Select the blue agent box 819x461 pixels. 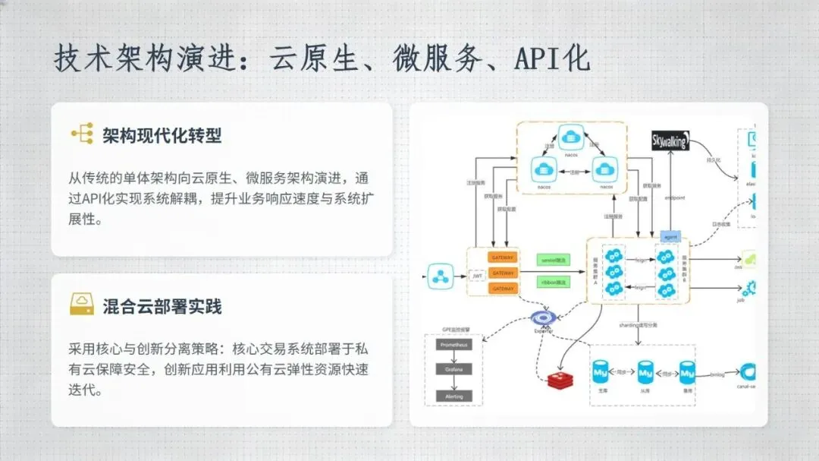[670, 236]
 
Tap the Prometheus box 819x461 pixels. [454, 345]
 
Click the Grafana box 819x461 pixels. [454, 370]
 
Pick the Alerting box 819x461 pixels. [454, 396]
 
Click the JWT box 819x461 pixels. [477, 276]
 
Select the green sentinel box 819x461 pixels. [552, 260]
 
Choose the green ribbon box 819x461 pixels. [552, 282]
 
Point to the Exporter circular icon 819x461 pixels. [543, 317]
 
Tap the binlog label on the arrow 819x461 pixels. [717, 374]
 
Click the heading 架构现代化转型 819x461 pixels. [162, 136]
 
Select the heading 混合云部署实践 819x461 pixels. [162, 307]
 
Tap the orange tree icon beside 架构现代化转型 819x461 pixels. [82, 134]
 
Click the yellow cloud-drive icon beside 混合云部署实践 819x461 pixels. [82, 305]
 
